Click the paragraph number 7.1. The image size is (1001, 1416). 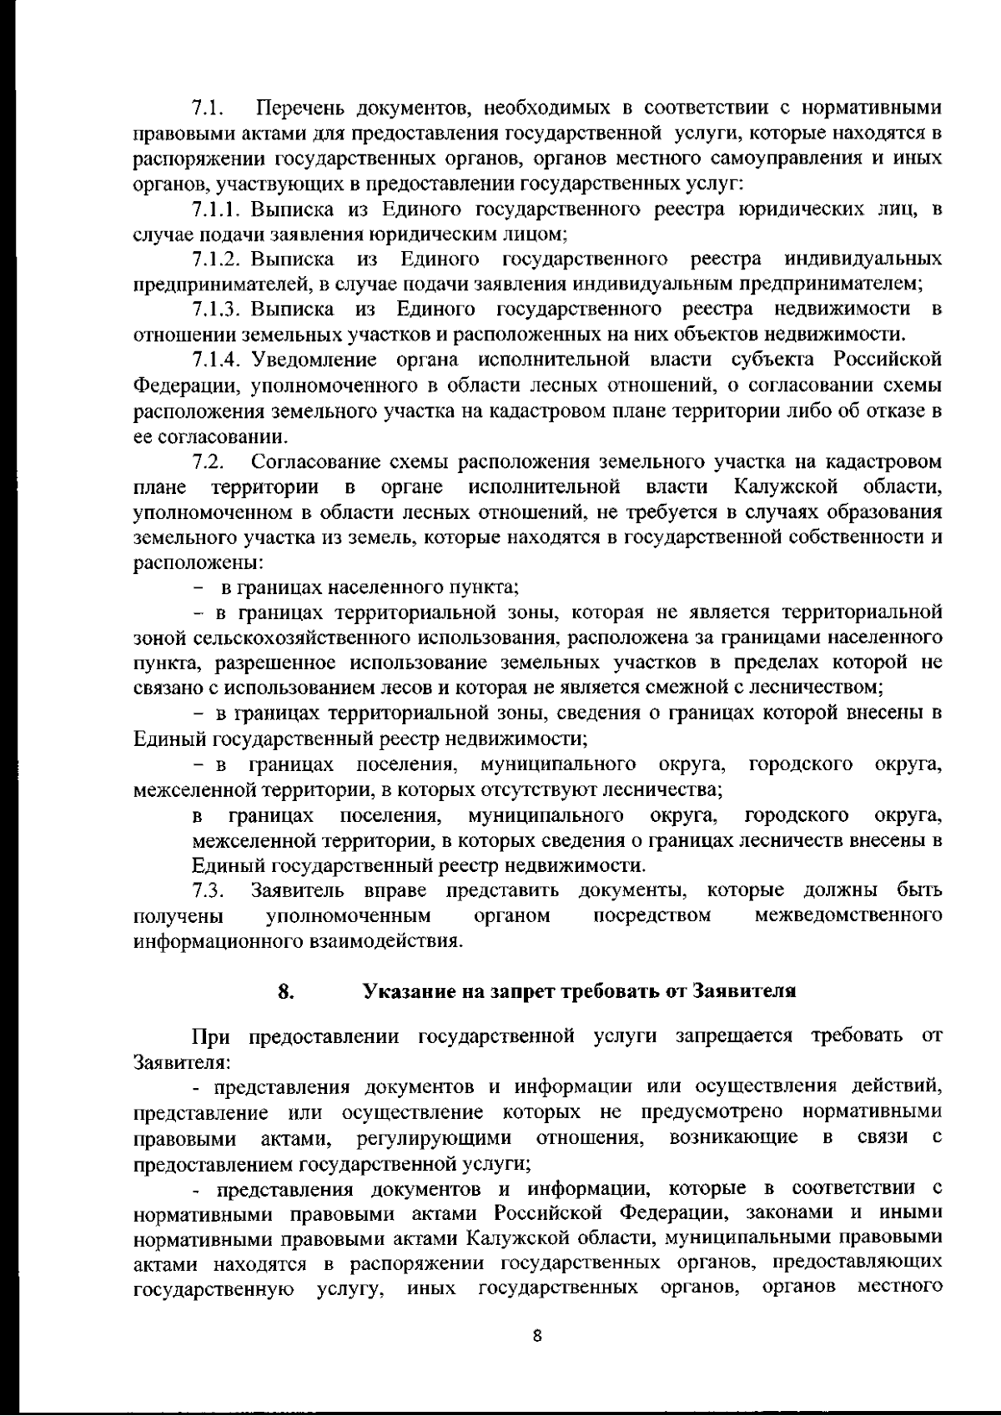[x=205, y=108]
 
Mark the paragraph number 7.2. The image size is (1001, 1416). [x=205, y=461]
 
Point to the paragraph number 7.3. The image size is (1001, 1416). [x=205, y=889]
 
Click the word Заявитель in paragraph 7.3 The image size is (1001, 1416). [x=299, y=889]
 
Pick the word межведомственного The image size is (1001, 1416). [x=848, y=915]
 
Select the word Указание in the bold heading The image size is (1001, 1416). [x=403, y=992]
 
